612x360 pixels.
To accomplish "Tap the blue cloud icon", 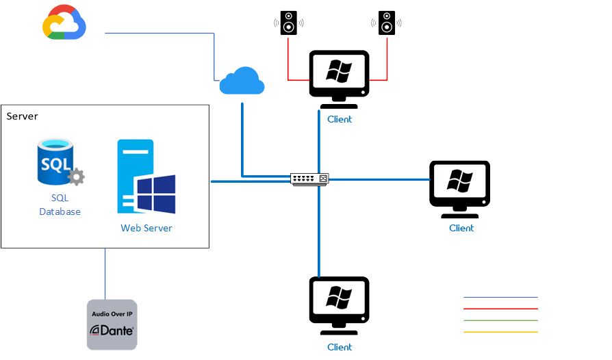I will [242, 81].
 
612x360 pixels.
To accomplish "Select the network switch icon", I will [309, 179].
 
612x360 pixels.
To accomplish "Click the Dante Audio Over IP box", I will [112, 324].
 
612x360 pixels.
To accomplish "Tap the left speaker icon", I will [288, 23].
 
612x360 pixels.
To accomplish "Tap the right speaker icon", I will [387, 23].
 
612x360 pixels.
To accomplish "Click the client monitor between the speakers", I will [339, 77].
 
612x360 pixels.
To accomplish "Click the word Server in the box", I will [23, 116].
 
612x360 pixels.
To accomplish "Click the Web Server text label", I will [146, 228].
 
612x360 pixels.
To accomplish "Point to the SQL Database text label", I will [60, 205].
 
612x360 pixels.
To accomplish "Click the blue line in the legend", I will [500, 298].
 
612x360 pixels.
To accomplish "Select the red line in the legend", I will [500, 309].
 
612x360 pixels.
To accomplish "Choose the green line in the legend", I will [500, 320].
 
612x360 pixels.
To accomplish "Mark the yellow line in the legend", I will [500, 332].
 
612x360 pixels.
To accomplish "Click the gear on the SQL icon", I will [76, 177].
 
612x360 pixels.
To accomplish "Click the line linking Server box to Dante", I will [105, 274].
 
